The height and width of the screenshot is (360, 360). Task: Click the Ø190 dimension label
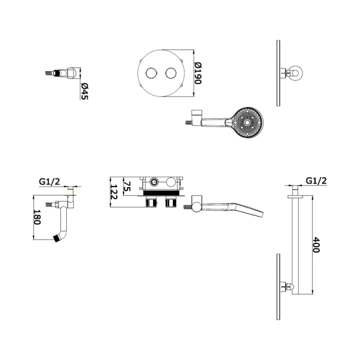coord(198,73)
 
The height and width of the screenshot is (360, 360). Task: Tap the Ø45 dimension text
coord(84,91)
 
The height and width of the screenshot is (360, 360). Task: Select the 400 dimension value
coord(316,245)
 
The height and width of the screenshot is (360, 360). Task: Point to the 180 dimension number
coord(37,217)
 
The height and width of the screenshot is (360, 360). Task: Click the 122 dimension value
coord(114,192)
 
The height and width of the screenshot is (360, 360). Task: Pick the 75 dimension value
coord(127,186)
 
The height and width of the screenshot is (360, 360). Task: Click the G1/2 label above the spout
coord(49,182)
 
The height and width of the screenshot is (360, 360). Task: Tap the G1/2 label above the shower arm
coord(316,181)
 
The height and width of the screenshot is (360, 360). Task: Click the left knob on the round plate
coord(151,73)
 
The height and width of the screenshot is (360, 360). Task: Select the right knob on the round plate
coord(171,73)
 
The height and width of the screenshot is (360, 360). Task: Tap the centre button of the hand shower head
coord(247,123)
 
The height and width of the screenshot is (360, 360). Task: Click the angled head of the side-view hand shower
coord(246,209)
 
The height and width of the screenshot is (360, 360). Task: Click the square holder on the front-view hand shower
coord(197,118)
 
